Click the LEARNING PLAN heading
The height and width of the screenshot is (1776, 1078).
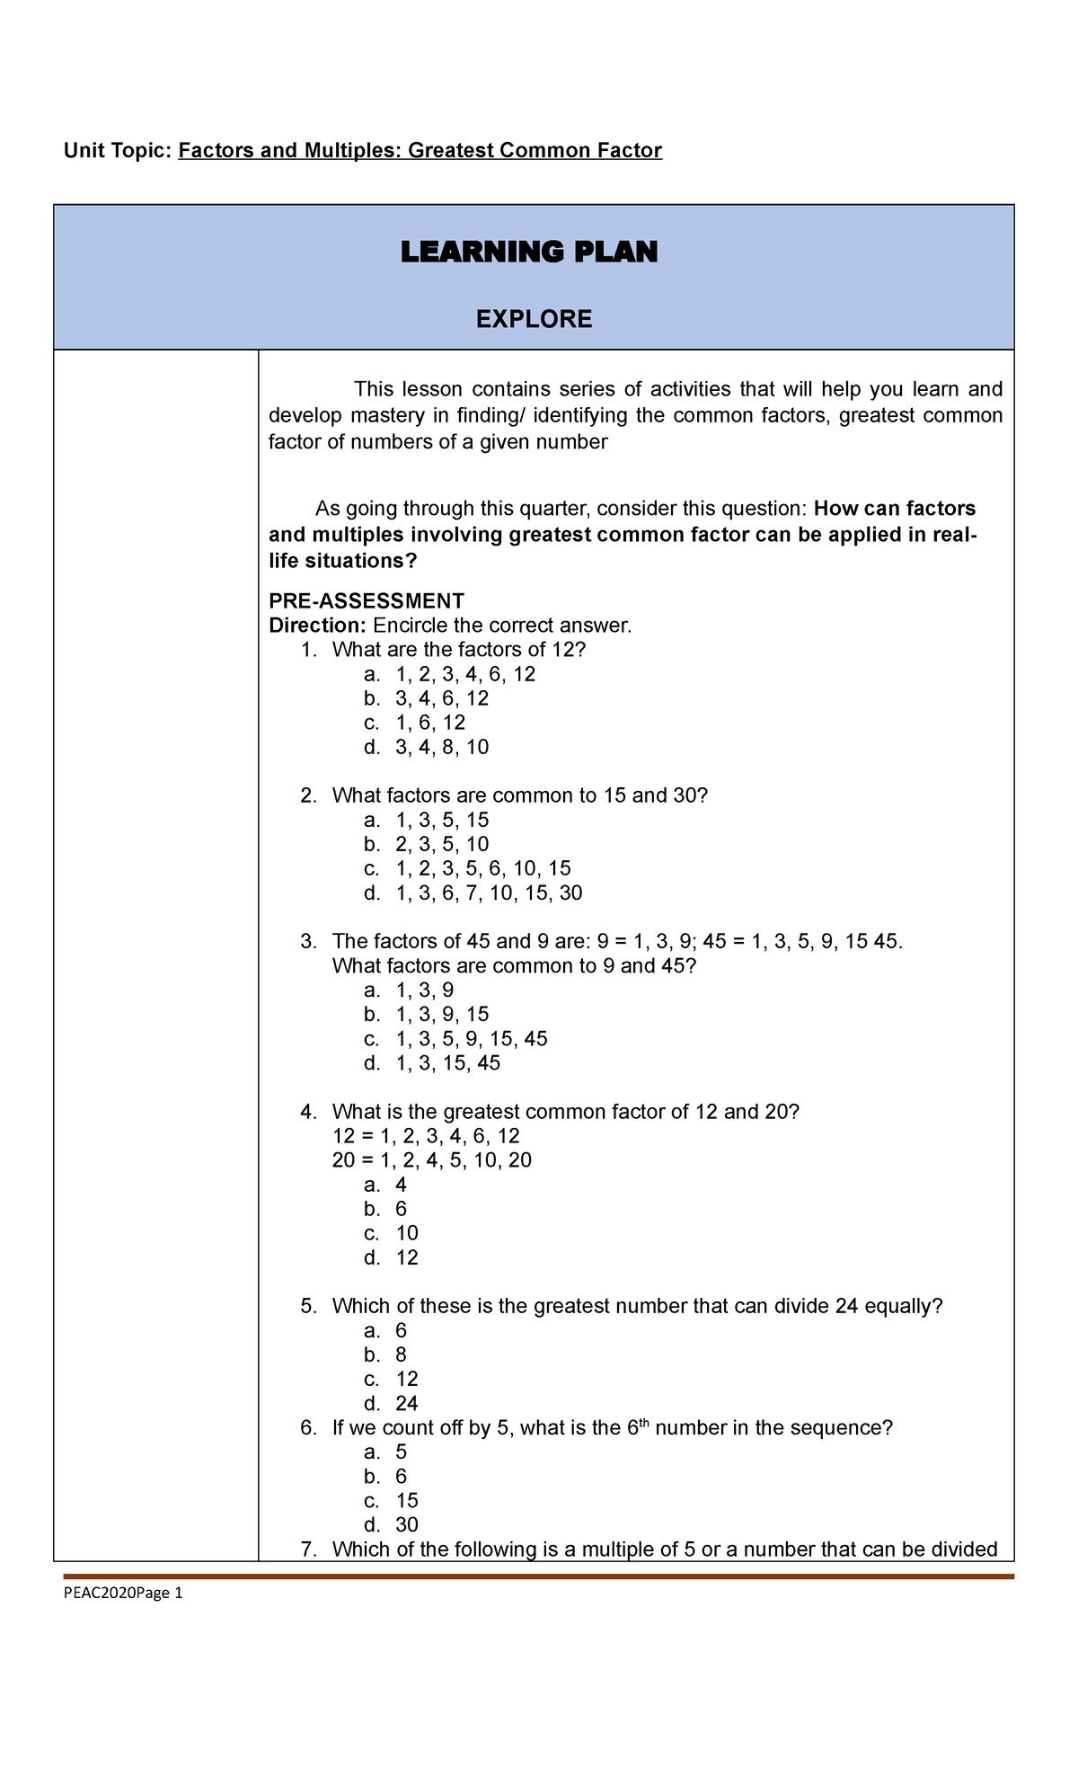point(529,253)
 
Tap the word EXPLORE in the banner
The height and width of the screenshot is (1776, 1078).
point(534,319)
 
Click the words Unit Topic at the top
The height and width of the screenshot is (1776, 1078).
point(117,151)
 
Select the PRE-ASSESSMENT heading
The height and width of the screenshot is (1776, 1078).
point(367,600)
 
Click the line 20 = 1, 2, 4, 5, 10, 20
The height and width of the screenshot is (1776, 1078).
point(431,1160)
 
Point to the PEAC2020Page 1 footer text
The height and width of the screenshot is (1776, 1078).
point(123,1594)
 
